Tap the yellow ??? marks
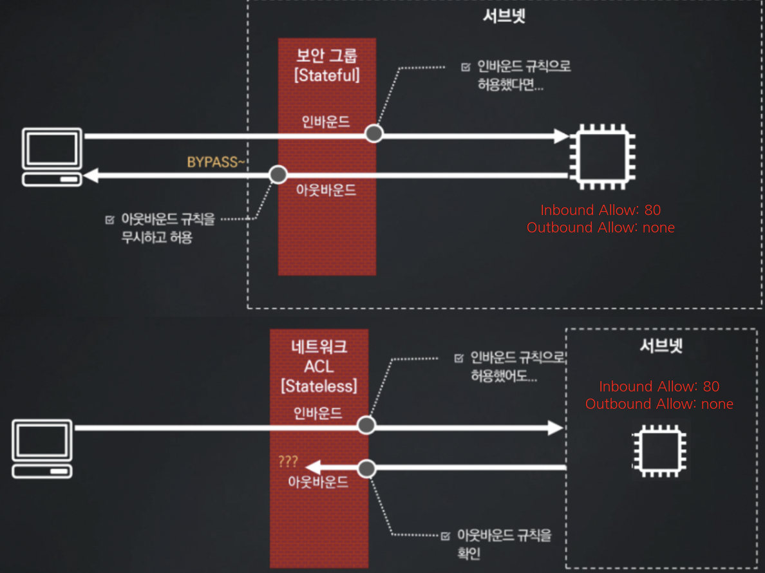[x=288, y=462]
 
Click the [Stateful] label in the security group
[x=326, y=75]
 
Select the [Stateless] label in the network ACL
[x=319, y=386]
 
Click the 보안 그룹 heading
[x=326, y=54]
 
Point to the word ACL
[x=319, y=367]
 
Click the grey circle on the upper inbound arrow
[x=373, y=134]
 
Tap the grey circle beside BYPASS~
[x=278, y=174]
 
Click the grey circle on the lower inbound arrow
[x=366, y=425]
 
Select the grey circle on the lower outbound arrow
[x=366, y=468]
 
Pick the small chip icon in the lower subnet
[x=661, y=449]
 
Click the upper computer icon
[x=52, y=157]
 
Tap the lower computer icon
[x=42, y=448]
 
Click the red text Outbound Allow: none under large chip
[x=600, y=227]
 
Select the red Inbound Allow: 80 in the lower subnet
[x=659, y=386]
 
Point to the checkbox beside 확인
[x=446, y=536]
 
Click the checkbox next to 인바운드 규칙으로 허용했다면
[x=466, y=67]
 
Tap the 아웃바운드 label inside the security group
[x=326, y=191]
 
